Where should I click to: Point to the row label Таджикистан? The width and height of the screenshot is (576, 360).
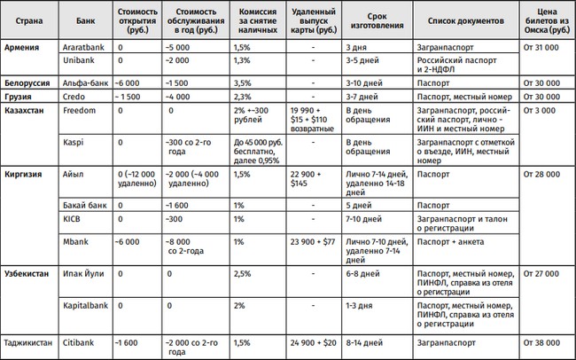tap(31, 341)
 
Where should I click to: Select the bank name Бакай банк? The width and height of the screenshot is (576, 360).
tap(85, 204)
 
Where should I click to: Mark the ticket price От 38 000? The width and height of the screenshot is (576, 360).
tap(546, 341)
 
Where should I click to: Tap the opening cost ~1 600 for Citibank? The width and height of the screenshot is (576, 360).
tap(131, 341)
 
